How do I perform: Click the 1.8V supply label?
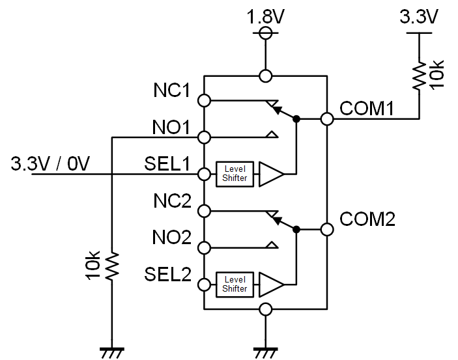(265, 16)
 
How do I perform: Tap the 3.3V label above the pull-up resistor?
(418, 16)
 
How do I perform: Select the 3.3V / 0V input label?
(50, 163)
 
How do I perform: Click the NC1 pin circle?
(204, 100)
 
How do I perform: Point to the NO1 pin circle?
(204, 137)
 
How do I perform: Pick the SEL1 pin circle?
(204, 174)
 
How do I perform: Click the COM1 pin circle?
(327, 119)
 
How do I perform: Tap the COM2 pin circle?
(327, 230)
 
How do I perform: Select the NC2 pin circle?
(204, 211)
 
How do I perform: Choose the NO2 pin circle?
(204, 248)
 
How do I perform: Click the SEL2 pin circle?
(204, 284)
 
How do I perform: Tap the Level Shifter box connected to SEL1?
(235, 174)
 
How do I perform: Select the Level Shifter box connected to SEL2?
(235, 284)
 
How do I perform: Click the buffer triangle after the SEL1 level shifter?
(271, 174)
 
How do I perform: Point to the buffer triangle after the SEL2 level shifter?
(271, 284)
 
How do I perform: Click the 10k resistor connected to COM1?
(419, 76)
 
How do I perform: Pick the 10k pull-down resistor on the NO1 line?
(112, 266)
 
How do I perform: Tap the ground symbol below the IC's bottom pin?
(265, 353)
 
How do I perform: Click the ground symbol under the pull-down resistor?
(112, 353)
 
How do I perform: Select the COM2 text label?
(367, 219)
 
